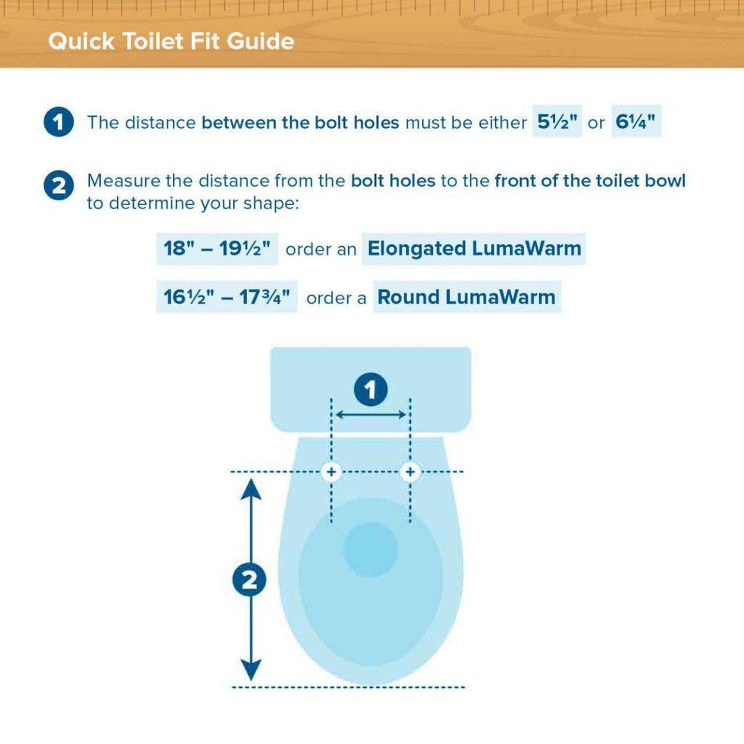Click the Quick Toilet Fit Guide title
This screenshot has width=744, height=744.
(171, 41)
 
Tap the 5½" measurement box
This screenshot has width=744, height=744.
(557, 122)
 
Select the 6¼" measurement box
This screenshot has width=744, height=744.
(636, 122)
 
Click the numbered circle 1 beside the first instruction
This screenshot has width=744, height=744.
(59, 123)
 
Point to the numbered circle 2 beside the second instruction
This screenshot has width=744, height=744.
(59, 186)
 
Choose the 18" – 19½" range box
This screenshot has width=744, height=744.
(217, 249)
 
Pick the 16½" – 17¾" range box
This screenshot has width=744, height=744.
(227, 297)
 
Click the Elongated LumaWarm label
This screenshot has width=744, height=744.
(474, 249)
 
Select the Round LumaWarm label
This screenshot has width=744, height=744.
(466, 297)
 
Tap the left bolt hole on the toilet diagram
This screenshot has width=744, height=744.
(331, 472)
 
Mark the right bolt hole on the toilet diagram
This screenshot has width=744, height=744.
(410, 472)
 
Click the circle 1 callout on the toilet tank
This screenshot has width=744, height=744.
(371, 390)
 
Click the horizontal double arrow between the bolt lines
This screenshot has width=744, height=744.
(371, 414)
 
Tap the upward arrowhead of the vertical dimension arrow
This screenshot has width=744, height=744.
(251, 489)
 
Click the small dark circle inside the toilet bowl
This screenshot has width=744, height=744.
(371, 549)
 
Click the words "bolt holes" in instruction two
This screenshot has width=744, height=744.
(393, 181)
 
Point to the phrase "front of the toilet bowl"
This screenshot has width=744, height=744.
(590, 181)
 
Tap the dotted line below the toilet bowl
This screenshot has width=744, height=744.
(348, 687)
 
